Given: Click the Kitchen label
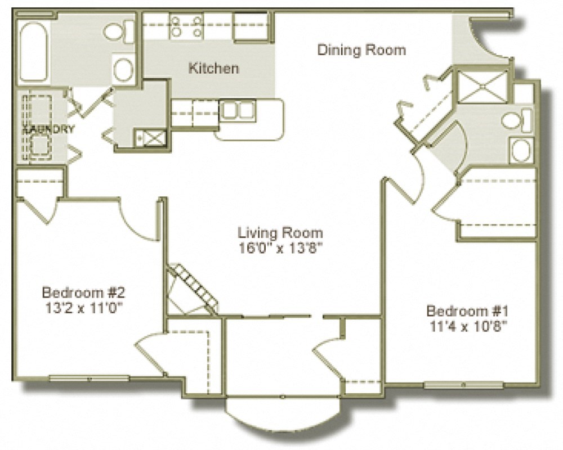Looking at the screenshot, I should [x=213, y=69].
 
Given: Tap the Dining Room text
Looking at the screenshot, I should [x=361, y=49].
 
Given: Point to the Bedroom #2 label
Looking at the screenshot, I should [x=83, y=292].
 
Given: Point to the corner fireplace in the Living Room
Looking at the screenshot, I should [x=191, y=290].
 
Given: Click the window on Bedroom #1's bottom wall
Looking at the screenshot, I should [x=463, y=385].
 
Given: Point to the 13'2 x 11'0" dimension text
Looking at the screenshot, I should [x=83, y=308].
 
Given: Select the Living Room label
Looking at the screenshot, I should [x=280, y=232].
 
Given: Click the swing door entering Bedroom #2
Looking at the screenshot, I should [x=138, y=222].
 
